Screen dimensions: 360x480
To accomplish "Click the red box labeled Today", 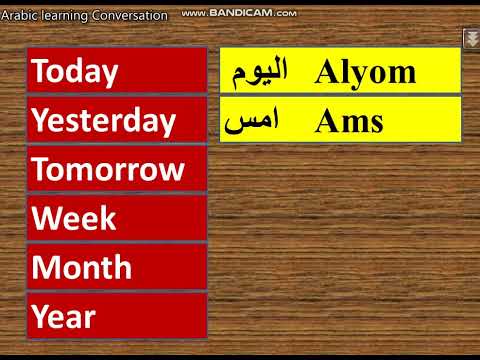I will coord(117,71).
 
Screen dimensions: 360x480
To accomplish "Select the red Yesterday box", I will coord(117,120).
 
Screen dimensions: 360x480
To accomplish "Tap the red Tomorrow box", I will coord(117,169).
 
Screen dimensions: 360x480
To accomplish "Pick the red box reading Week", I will coord(117,218).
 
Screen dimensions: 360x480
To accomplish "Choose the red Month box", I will coord(117,267).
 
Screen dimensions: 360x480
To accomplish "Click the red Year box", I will coord(117,316).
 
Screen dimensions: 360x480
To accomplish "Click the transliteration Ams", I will coord(348,121).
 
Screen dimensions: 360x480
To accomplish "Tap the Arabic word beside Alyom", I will coord(259,71).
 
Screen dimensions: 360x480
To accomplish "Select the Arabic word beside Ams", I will coord(251,121).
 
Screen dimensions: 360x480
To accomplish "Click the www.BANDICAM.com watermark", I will coord(240,14).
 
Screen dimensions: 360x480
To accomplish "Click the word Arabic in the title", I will coord(20,16).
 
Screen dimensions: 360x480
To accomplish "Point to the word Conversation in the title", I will coord(129,16).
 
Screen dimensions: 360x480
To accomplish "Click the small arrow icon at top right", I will coord(470,38).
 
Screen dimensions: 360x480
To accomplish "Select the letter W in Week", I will coord(45,218).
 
